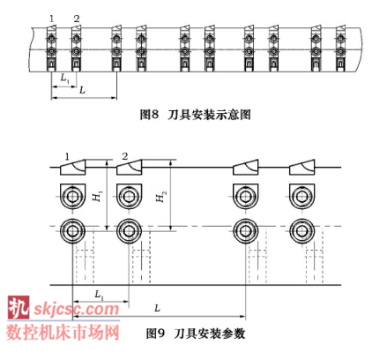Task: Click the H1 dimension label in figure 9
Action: [x=98, y=196]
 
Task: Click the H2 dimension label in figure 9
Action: [x=161, y=197]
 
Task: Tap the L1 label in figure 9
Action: [x=100, y=295]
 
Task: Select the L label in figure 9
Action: [x=158, y=308]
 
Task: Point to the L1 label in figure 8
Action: [x=64, y=79]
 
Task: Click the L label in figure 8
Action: [x=83, y=90]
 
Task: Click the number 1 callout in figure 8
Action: [x=52, y=19]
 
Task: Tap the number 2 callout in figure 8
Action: [x=77, y=19]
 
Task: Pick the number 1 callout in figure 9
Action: [x=67, y=157]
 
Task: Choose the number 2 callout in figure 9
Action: [x=125, y=156]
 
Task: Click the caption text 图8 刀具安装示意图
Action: [x=195, y=115]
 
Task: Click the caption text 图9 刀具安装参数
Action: [x=196, y=334]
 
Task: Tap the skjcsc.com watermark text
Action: [x=77, y=310]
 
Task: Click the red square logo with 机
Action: [x=19, y=307]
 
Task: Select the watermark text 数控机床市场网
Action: [x=63, y=333]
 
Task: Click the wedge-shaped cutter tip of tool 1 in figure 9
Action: [x=73, y=168]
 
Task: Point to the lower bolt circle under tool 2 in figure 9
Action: [x=130, y=231]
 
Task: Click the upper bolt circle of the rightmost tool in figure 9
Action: [x=301, y=197]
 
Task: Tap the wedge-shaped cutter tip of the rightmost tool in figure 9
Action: [x=302, y=168]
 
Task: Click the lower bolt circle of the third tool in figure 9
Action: [x=245, y=231]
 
